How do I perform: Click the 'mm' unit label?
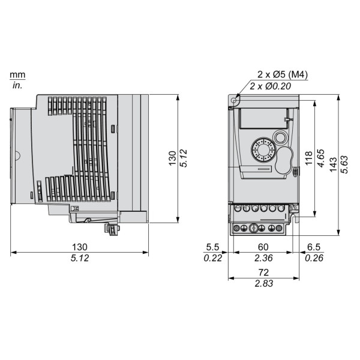[x=17, y=74]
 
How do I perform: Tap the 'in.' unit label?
[x=17, y=85]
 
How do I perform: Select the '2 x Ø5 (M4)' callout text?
[x=283, y=74]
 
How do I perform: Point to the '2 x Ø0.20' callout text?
[x=270, y=86]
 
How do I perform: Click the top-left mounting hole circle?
[x=234, y=100]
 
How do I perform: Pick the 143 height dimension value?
[x=333, y=164]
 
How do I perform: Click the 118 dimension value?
[x=309, y=158]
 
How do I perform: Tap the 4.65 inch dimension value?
[x=320, y=158]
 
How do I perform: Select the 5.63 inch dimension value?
[x=344, y=164]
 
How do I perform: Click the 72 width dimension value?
[x=263, y=272]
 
